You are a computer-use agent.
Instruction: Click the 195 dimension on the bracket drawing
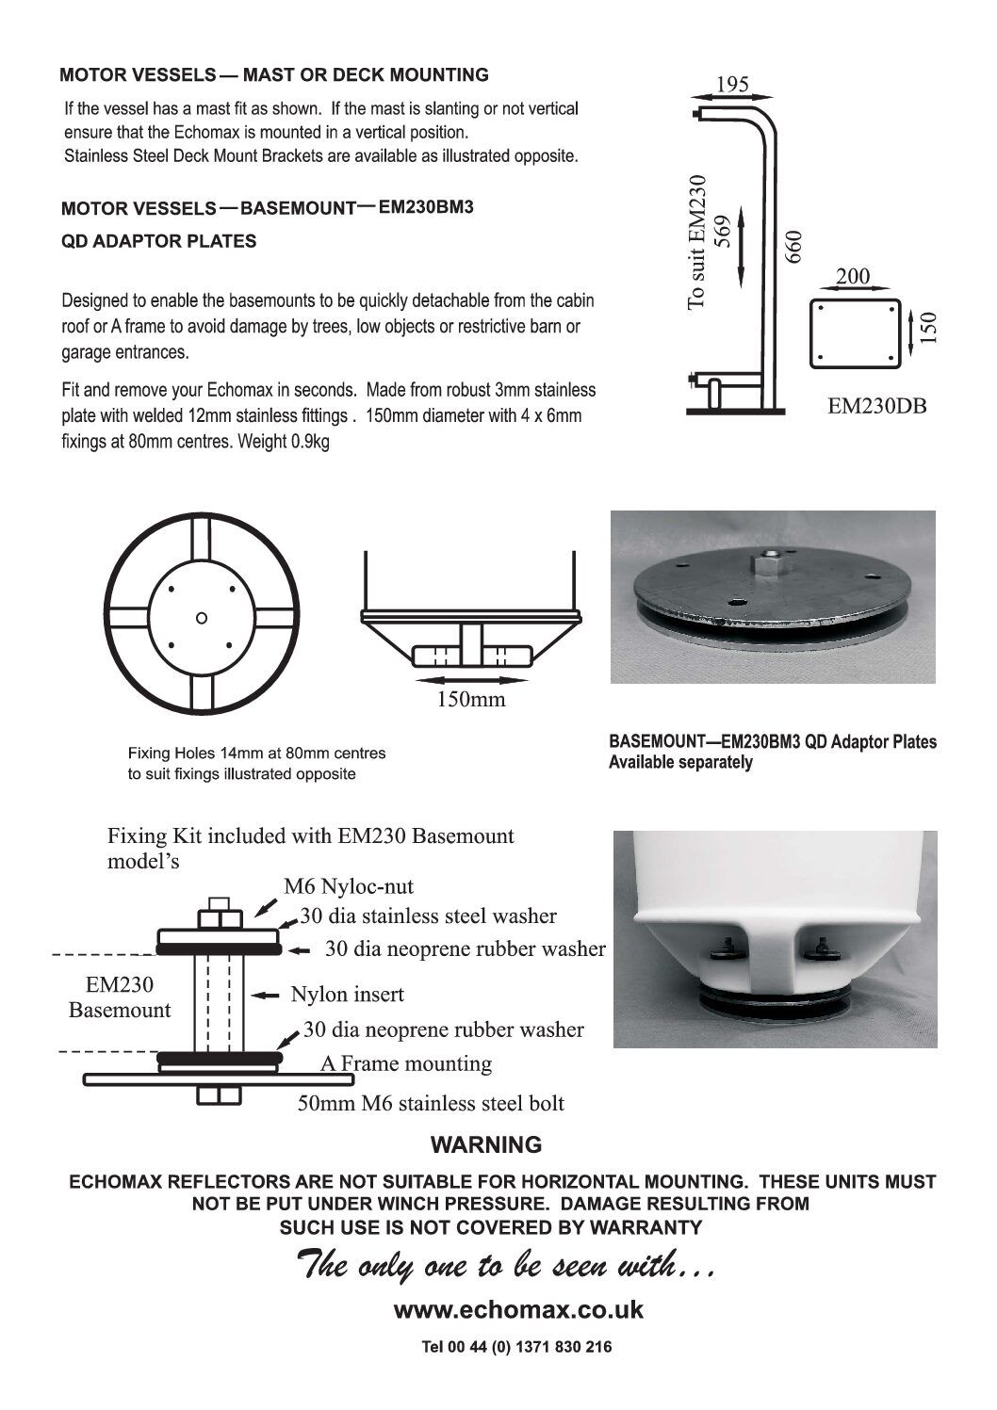click(732, 84)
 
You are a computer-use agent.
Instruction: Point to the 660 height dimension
click(793, 246)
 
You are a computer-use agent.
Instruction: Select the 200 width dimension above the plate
click(853, 277)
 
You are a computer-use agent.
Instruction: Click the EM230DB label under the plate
click(876, 406)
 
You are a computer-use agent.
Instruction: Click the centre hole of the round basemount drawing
click(201, 618)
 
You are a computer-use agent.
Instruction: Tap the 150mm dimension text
click(470, 699)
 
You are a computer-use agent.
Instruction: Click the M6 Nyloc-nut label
click(349, 886)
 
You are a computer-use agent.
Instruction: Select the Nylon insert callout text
click(347, 994)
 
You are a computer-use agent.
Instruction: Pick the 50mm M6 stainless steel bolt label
click(431, 1103)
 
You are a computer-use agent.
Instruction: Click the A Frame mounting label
click(405, 1063)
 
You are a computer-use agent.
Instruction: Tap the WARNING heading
click(486, 1145)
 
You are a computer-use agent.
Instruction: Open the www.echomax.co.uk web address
click(518, 1309)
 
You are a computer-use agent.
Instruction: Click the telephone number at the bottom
click(516, 1347)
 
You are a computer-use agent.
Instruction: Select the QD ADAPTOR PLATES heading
click(158, 241)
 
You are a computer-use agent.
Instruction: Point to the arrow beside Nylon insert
click(268, 995)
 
